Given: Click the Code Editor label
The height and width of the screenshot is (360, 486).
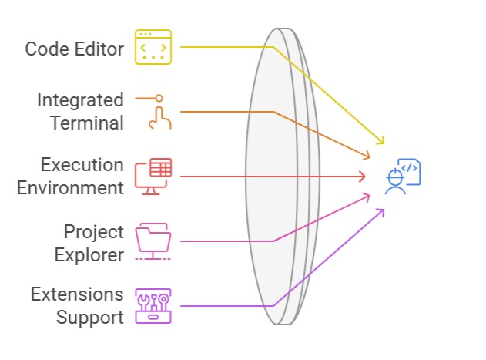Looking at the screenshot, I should tap(74, 49).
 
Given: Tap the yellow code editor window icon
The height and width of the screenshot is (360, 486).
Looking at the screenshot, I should tap(154, 46).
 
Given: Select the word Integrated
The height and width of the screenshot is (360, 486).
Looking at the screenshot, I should tap(81, 100).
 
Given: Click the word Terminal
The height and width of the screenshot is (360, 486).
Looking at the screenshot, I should tap(87, 123).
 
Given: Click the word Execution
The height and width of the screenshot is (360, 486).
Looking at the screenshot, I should tap(82, 165).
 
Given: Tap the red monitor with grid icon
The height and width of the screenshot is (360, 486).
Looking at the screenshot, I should tap(154, 176).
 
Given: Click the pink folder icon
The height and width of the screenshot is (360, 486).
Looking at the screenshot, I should tap(154, 241).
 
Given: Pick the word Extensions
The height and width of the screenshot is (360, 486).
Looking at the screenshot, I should tap(77, 294).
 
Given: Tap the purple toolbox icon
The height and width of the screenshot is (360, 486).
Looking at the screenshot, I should tap(154, 305).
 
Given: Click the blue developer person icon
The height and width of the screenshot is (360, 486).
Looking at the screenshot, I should tap(402, 177).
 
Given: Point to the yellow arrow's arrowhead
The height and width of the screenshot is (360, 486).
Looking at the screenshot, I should tap(380, 142).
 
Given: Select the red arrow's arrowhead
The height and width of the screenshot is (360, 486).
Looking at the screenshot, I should tap(363, 177).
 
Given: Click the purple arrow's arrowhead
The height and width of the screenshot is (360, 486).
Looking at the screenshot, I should tap(382, 210).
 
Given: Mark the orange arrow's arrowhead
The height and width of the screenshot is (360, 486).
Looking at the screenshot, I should tap(367, 156).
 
